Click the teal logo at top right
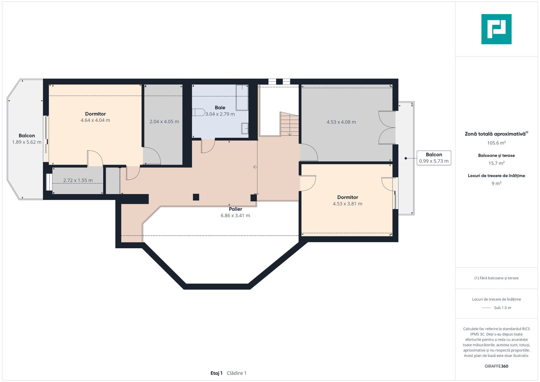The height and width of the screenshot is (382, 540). pyautogui.click(x=496, y=29)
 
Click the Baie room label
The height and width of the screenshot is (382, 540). pyautogui.click(x=220, y=108)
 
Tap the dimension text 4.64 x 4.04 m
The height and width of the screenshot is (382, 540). pyautogui.click(x=95, y=120)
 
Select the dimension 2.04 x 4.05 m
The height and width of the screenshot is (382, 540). pyautogui.click(x=164, y=122)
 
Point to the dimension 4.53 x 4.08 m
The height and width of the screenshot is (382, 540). pyautogui.click(x=341, y=122)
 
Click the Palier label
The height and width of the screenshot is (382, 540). pyautogui.click(x=235, y=209)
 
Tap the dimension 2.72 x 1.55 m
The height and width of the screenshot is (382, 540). pyautogui.click(x=78, y=180)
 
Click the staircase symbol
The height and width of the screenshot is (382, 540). pyautogui.click(x=289, y=124)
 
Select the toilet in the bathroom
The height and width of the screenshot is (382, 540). pyautogui.click(x=199, y=112)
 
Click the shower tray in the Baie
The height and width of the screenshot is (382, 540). pyautogui.click(x=242, y=97)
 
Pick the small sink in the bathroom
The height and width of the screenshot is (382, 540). pyautogui.click(x=245, y=128)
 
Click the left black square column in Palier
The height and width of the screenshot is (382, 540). pyautogui.click(x=196, y=197)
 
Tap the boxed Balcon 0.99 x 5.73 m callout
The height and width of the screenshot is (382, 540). pyautogui.click(x=434, y=158)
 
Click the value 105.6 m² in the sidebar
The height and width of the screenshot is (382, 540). pyautogui.click(x=496, y=143)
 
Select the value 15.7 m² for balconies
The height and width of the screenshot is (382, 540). pyautogui.click(x=496, y=163)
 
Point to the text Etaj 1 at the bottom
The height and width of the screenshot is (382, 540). pyautogui.click(x=216, y=373)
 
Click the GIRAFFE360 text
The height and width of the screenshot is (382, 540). pyautogui.click(x=496, y=366)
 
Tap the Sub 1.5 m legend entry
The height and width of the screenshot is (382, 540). pyautogui.click(x=502, y=308)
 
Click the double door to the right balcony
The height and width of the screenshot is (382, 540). pyautogui.click(x=387, y=128)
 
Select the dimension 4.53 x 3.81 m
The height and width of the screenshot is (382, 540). pyautogui.click(x=347, y=204)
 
